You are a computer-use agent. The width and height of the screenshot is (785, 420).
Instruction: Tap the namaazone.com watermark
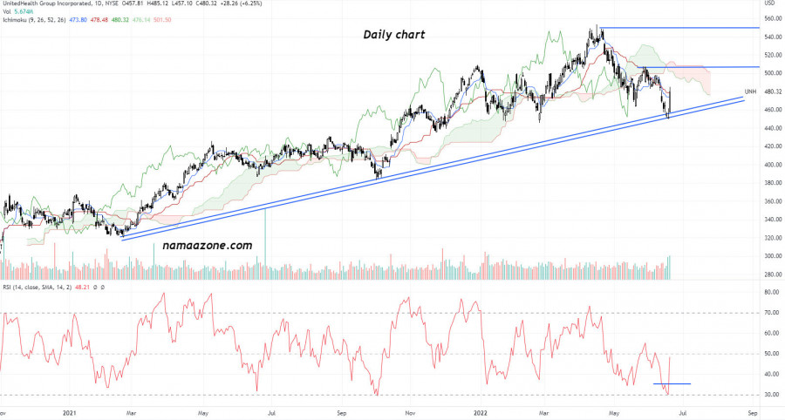pos(208,246)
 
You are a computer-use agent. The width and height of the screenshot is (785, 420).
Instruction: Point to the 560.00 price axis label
pos(771,18)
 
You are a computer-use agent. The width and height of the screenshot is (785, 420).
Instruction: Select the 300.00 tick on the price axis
pos(771,256)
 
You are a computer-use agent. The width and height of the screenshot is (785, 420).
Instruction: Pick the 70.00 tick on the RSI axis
pos(770,312)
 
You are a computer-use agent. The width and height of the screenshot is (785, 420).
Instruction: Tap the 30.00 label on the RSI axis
pos(770,395)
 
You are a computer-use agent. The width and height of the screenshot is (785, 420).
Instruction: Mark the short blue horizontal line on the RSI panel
pos(672,383)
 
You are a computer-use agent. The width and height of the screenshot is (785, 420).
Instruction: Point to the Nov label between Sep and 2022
pos(409,412)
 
